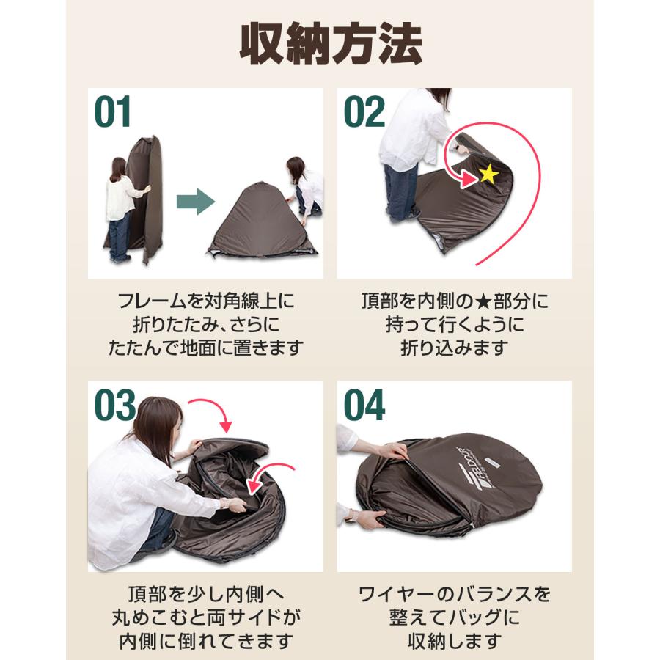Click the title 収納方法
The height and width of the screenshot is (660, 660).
point(331,45)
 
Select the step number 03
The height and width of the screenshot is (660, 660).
point(115,406)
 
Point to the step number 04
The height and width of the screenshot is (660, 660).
point(364,406)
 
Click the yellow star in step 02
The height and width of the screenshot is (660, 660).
point(488,175)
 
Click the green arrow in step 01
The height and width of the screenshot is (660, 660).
point(194,202)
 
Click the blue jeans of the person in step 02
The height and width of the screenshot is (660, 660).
point(402,192)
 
